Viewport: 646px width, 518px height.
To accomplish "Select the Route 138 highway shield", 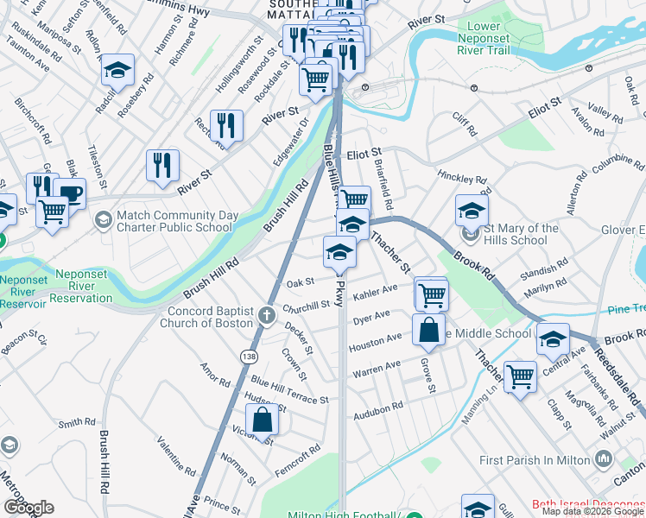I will pyautogui.click(x=249, y=356).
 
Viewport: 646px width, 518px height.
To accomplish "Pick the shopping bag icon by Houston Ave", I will pyautogui.click(x=429, y=330).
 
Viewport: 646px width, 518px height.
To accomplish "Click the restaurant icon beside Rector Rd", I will pyautogui.click(x=226, y=124).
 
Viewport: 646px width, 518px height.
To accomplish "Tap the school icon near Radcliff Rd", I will pyautogui.click(x=117, y=68).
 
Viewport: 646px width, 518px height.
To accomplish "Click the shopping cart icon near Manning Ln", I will pyautogui.click(x=520, y=376).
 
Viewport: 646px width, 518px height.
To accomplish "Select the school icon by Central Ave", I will pyautogui.click(x=553, y=339).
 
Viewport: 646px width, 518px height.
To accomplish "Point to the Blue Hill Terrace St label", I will pyautogui.click(x=289, y=389).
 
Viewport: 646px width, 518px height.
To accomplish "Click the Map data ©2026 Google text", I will pyautogui.click(x=592, y=511).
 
